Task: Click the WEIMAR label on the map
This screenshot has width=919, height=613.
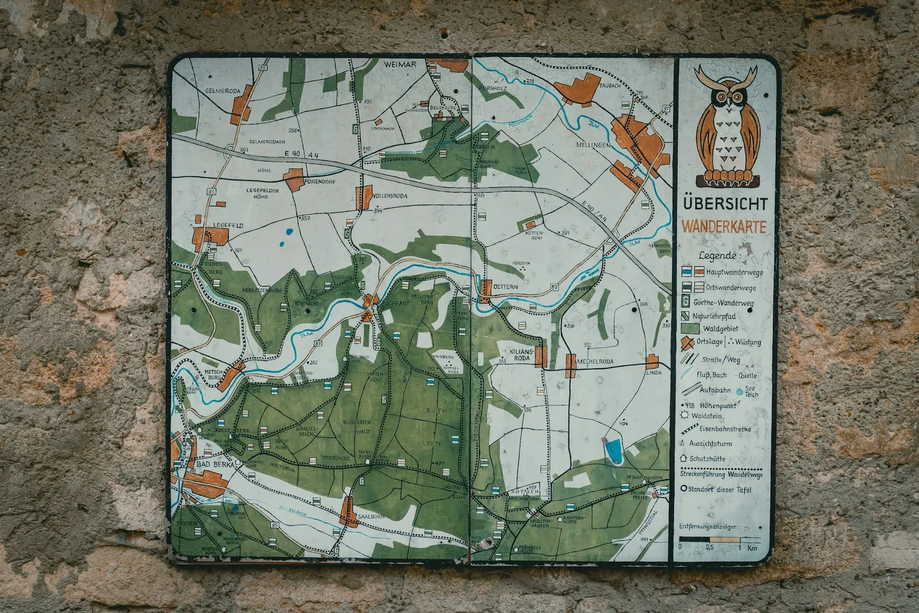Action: coord(400,64)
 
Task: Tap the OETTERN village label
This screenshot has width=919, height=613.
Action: coord(505,287)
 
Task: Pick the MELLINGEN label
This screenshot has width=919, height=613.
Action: coord(594,144)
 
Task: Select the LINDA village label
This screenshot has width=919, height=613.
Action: coord(653,372)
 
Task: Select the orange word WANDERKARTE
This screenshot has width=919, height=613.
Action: coord(724,226)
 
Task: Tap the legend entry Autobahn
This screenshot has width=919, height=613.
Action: coord(715,390)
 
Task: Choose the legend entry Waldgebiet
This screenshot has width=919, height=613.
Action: coord(720,329)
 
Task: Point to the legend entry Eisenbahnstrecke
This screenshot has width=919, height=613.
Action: coord(725,429)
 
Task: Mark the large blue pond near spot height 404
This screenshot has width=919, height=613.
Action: coord(613,451)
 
